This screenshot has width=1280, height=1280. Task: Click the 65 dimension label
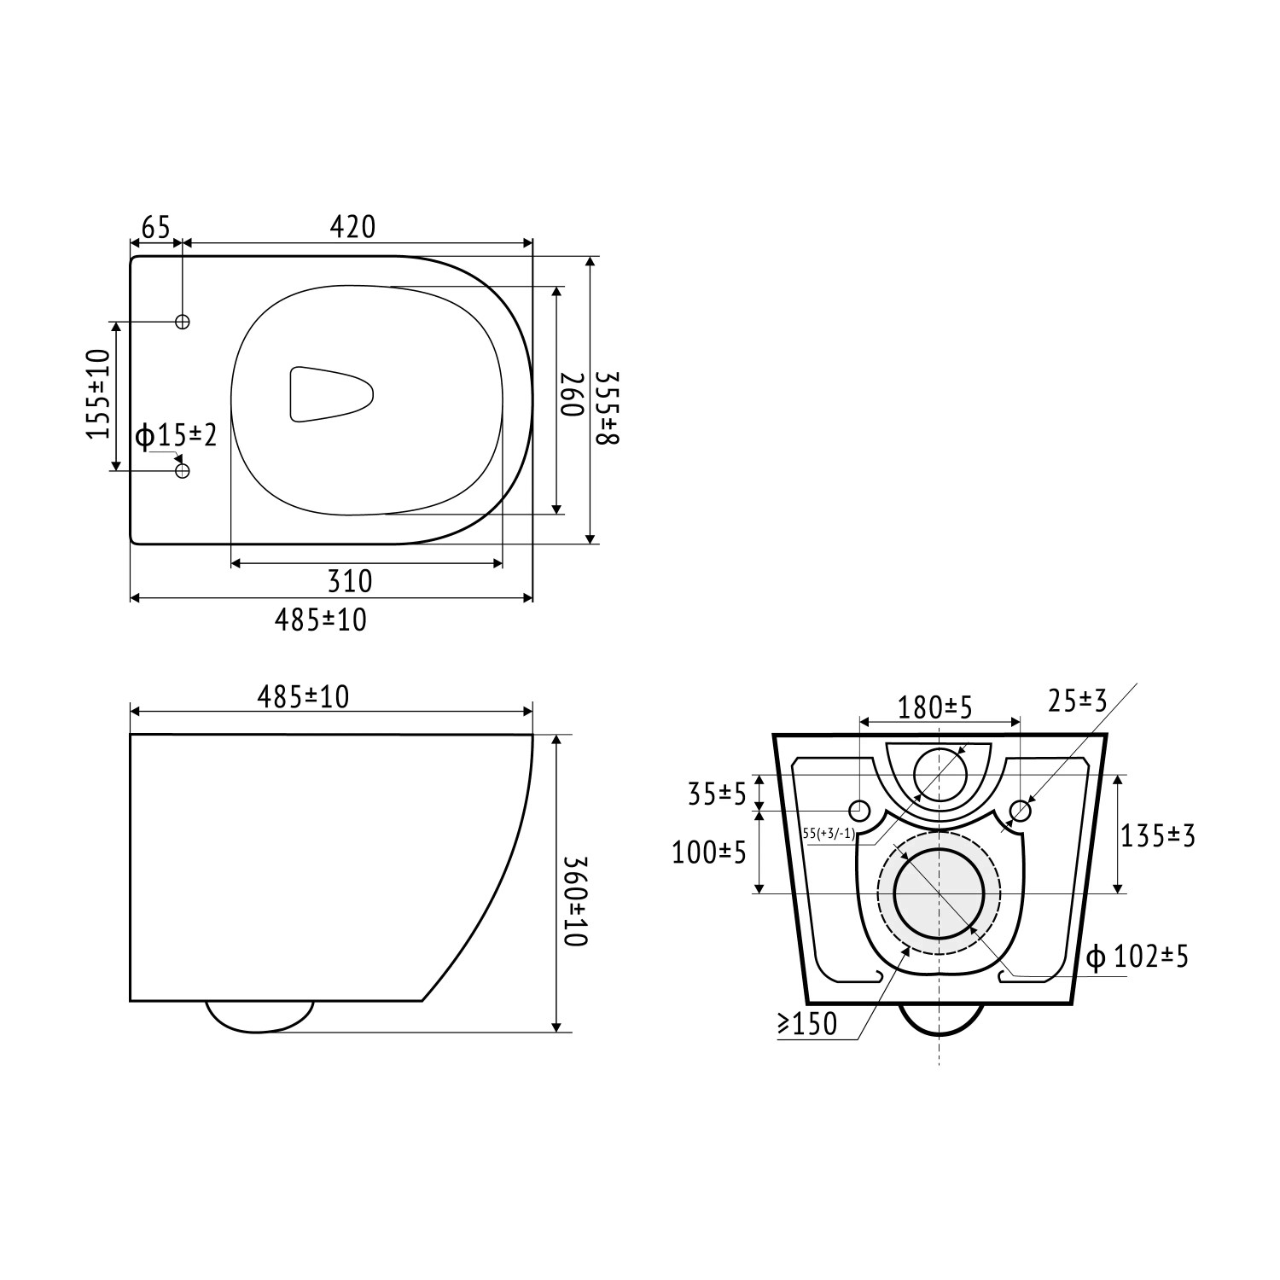[x=156, y=228]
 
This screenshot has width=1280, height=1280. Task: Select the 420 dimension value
[x=352, y=227]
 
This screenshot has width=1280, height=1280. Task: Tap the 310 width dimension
[x=351, y=581]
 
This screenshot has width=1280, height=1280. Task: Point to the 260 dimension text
[x=570, y=394]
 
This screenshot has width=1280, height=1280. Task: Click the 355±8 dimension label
[x=607, y=408]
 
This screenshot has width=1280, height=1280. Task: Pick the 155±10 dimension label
[x=99, y=394]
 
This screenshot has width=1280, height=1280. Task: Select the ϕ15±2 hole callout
[x=177, y=436]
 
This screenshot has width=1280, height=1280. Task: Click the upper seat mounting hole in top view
[x=182, y=322]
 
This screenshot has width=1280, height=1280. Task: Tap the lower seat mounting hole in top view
[x=182, y=471]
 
